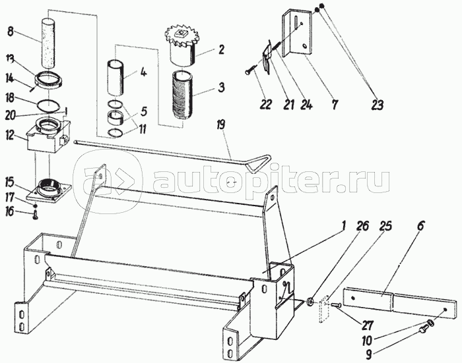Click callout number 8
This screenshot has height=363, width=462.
tap(11, 31)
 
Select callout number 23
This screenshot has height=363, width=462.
tap(378, 105)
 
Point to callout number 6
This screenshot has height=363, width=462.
tap(420, 226)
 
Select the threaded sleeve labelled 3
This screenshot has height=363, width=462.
tap(182, 95)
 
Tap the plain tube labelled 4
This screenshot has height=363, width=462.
tap(115, 78)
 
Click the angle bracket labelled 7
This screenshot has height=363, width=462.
tap(297, 32)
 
